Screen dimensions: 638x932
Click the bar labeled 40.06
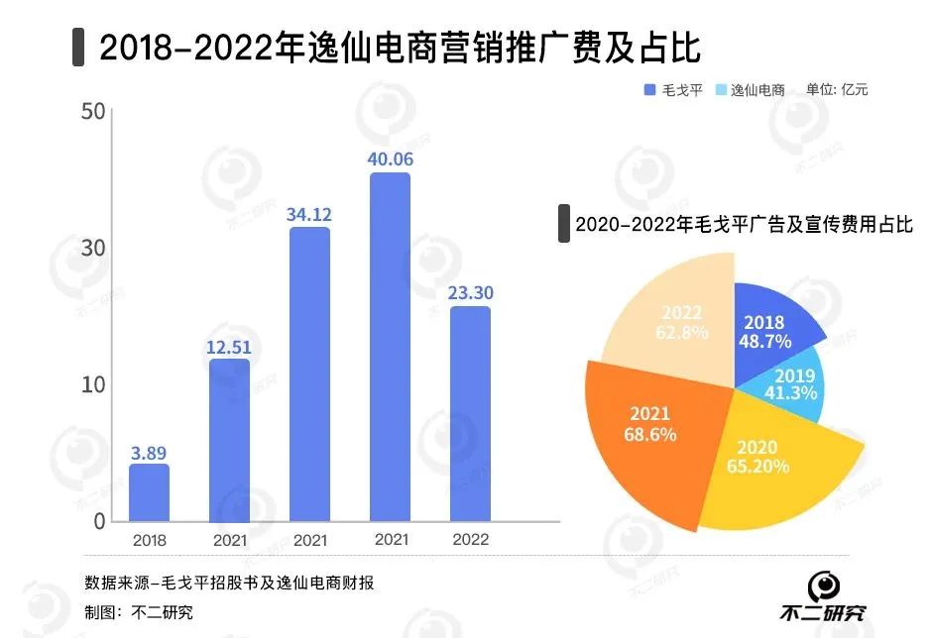390,347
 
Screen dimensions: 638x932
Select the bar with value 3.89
149,492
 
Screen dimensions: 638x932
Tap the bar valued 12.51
229,440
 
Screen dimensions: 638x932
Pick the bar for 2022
470,413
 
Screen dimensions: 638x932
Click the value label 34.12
309,213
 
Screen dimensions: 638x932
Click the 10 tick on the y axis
93,384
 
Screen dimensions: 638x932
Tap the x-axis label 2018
149,541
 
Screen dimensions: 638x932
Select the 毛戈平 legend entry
673,89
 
